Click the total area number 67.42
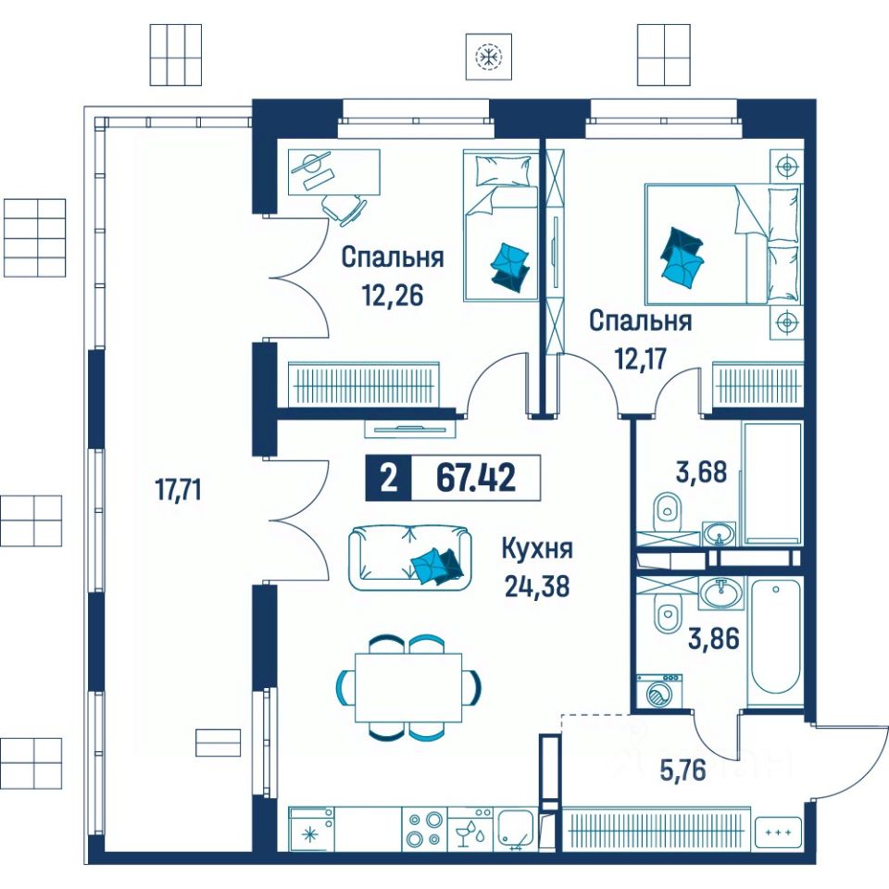(476, 478)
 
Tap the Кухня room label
(537, 549)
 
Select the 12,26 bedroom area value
(393, 294)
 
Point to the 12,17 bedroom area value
(641, 358)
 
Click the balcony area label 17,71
(179, 489)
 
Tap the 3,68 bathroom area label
(701, 471)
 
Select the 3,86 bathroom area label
(714, 639)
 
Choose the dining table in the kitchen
(408, 687)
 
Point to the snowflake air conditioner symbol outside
(489, 56)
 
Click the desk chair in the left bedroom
(343, 208)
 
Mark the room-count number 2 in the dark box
(388, 479)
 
